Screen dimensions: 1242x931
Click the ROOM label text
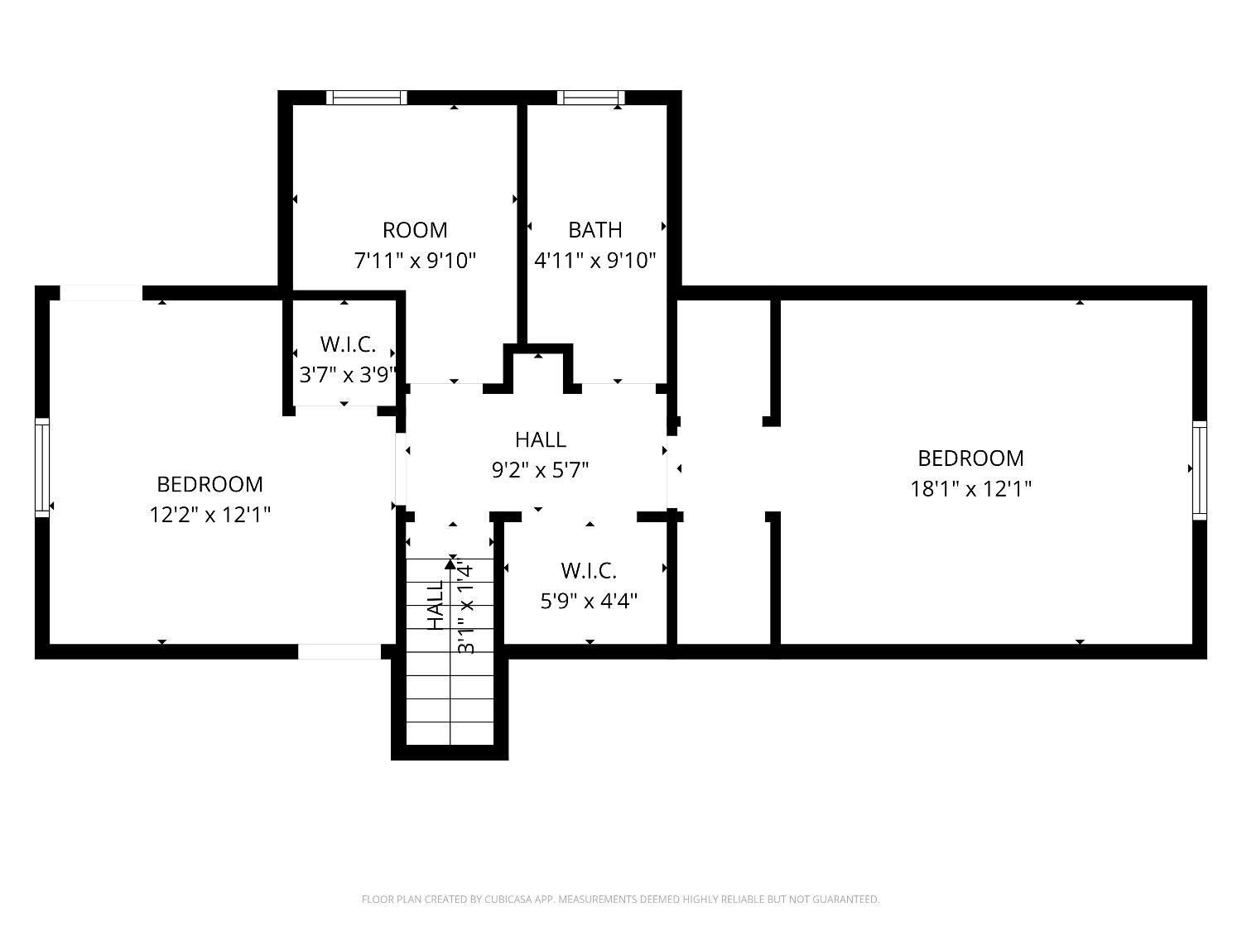coord(415,230)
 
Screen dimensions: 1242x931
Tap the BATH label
coord(595,230)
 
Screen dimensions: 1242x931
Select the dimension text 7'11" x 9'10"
coord(415,261)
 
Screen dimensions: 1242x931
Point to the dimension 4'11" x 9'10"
coord(595,261)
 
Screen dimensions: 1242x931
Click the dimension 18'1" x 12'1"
coord(971,488)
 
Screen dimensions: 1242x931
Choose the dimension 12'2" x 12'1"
coord(210,515)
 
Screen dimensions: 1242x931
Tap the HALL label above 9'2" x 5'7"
coord(541,439)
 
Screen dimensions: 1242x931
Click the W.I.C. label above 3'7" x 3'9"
coord(348,344)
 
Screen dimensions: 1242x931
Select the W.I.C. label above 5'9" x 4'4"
coord(589,571)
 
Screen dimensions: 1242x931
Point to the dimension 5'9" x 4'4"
coord(589,601)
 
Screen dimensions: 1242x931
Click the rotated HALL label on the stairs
coord(436,606)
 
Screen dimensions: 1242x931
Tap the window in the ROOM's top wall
coord(367,98)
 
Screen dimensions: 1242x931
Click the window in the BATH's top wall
coord(590,98)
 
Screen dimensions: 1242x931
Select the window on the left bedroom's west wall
coord(42,468)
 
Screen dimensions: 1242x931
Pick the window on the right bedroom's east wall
coord(1200,470)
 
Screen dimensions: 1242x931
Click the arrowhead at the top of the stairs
coord(450,564)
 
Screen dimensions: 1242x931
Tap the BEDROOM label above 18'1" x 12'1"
coord(971,458)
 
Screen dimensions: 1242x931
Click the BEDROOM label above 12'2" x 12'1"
coord(210,484)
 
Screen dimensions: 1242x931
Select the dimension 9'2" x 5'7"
coord(541,470)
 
